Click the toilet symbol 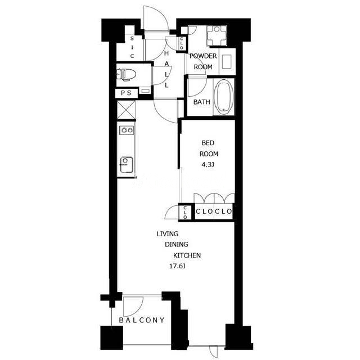(x=126, y=74)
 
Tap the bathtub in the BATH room (x=224, y=97)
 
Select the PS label (x=126, y=93)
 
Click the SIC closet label (x=132, y=47)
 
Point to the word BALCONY (x=142, y=320)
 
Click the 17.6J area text (x=177, y=266)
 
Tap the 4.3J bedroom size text (x=208, y=165)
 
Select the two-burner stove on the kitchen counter (x=127, y=130)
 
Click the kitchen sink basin (x=126, y=164)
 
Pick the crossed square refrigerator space (x=126, y=110)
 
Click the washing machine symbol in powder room (x=217, y=35)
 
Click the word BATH (x=201, y=102)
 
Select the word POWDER (x=203, y=56)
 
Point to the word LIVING (x=168, y=234)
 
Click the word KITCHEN (x=187, y=255)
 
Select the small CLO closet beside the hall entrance (x=182, y=43)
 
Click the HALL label (x=166, y=69)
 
